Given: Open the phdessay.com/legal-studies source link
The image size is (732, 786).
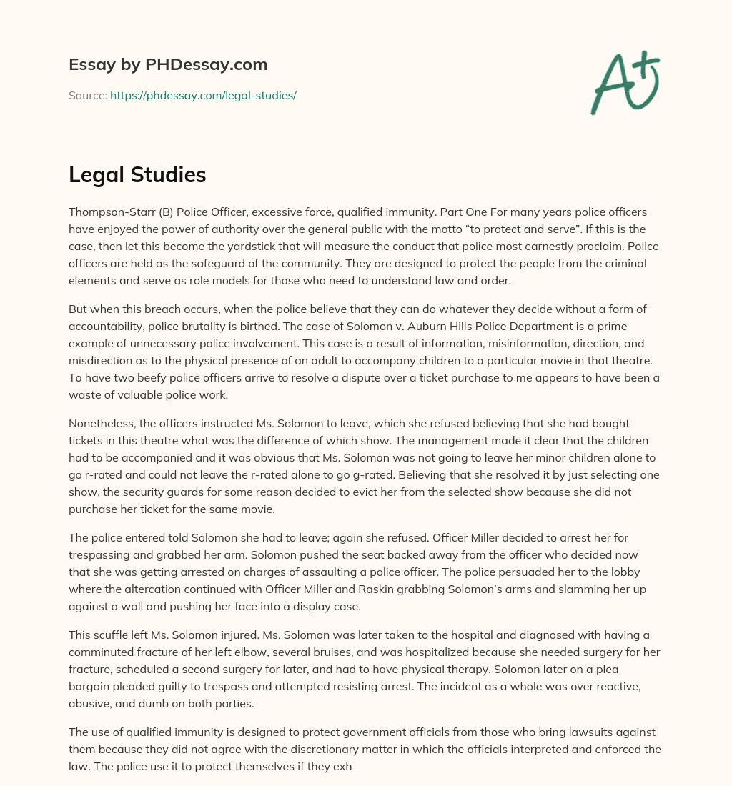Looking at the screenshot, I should pyautogui.click(x=203, y=95).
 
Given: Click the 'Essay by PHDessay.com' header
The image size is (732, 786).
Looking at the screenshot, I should pyautogui.click(x=168, y=64).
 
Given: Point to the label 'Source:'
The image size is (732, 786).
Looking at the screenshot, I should pyautogui.click(x=87, y=95).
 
